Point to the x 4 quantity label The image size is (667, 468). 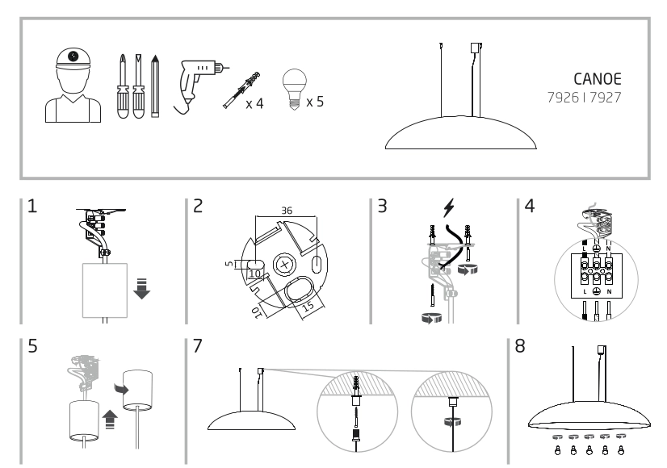click(x=255, y=103)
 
